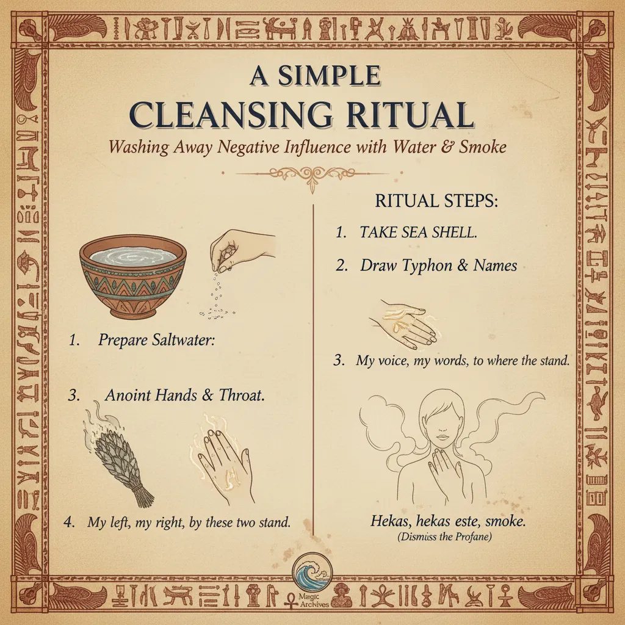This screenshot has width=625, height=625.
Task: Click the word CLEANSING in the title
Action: (231, 115)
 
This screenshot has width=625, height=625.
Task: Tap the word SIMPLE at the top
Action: (329, 75)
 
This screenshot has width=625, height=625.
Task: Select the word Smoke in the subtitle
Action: (482, 147)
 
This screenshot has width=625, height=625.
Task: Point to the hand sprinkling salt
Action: (239, 249)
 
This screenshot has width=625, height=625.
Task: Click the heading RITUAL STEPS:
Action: (436, 201)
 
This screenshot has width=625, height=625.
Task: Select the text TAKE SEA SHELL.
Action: (418, 232)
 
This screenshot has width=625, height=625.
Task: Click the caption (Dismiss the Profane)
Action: (444, 536)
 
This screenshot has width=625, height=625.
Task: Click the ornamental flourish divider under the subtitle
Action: (312, 176)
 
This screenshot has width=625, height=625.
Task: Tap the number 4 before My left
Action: (68, 522)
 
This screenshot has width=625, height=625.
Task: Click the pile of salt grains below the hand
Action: (215, 313)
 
